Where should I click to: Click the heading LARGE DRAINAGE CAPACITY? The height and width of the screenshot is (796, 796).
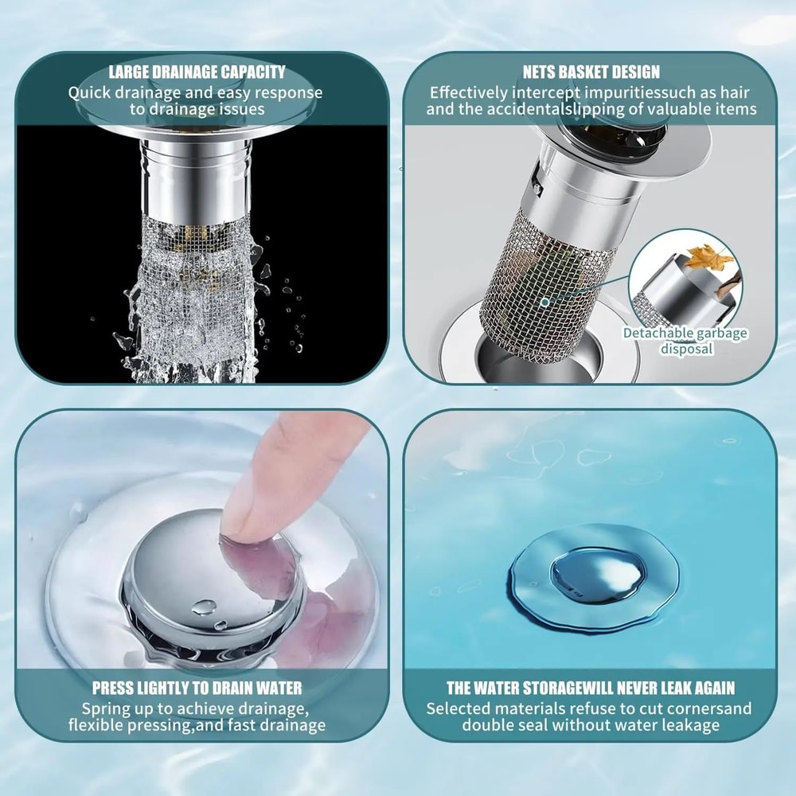(x=197, y=72)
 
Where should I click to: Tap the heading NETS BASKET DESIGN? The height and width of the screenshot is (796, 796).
(x=591, y=72)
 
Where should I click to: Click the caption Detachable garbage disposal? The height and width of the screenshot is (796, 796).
(x=685, y=341)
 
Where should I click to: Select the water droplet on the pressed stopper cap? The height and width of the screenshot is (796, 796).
(x=204, y=607)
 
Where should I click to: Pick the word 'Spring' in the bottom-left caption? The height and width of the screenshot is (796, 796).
(x=105, y=708)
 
